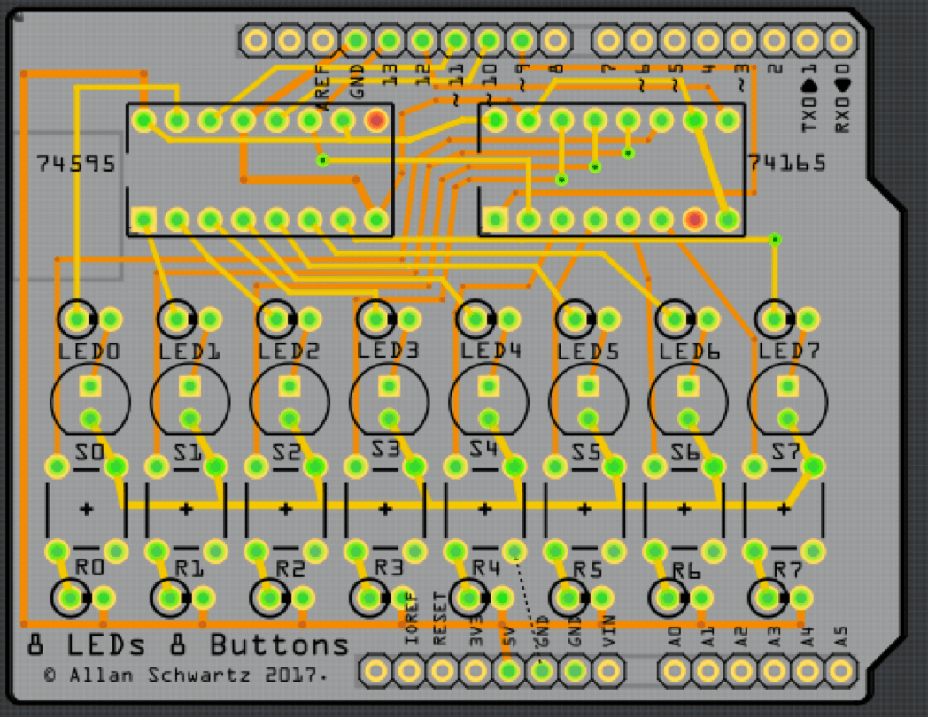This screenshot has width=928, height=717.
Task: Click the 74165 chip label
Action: pyautogui.click(x=786, y=164)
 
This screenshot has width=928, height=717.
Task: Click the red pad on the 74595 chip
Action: pyautogui.click(x=376, y=119)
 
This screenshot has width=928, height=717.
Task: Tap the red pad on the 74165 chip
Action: pyautogui.click(x=695, y=219)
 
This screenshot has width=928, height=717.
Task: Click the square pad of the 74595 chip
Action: pyautogui.click(x=143, y=219)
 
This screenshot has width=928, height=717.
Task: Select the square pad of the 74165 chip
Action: pyautogui.click(x=495, y=219)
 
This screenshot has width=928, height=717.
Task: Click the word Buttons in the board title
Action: pyautogui.click(x=280, y=644)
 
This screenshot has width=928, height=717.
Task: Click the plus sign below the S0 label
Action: pyautogui.click(x=87, y=509)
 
